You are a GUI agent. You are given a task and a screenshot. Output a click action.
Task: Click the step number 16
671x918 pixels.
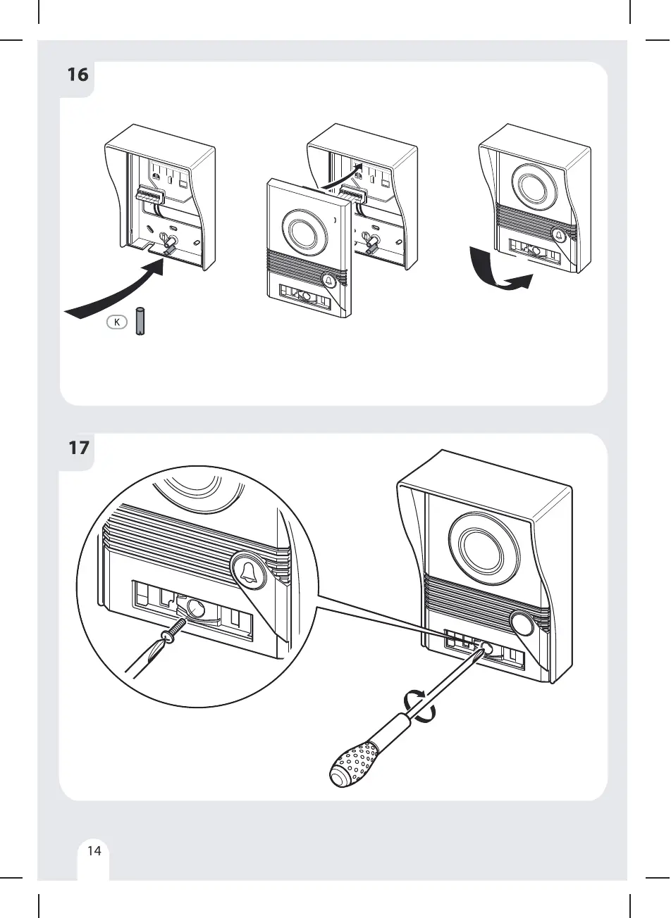(78, 74)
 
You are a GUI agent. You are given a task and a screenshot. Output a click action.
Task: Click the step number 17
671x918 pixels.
(78, 446)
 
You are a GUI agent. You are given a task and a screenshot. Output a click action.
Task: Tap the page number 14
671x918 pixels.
(94, 850)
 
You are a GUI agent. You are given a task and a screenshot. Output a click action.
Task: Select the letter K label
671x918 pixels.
(117, 322)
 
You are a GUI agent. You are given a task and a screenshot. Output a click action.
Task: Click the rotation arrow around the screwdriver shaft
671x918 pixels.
(420, 706)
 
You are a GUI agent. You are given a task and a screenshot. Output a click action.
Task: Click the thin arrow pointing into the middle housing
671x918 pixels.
(343, 176)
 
